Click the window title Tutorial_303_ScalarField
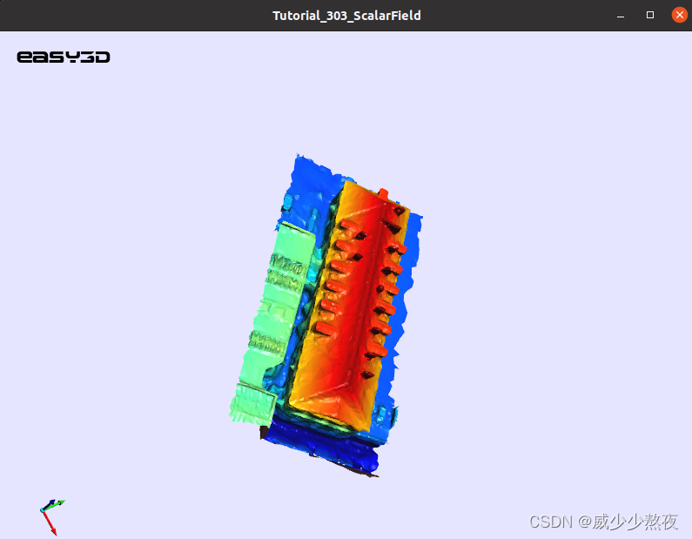346,16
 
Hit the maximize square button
650,15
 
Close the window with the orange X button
680,15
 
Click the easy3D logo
64,57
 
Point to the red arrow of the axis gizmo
50,523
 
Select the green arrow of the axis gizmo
55,505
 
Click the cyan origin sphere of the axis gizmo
43,510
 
